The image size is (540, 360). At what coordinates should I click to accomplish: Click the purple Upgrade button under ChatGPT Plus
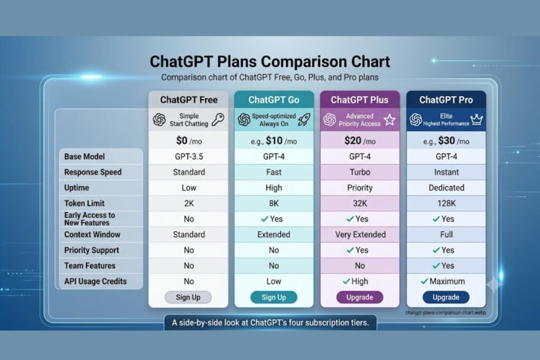(x=360, y=297)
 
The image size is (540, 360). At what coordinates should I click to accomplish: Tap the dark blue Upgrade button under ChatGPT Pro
(x=446, y=297)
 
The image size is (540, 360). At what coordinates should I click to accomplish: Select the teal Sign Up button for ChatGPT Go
(x=274, y=297)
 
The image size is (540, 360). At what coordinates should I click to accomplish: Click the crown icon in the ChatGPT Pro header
(x=477, y=120)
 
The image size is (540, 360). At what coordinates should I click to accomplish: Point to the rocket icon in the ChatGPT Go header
(x=304, y=120)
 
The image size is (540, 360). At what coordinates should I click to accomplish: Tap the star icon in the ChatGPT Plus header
(x=390, y=120)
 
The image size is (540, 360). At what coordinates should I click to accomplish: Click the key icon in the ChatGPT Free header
(x=218, y=120)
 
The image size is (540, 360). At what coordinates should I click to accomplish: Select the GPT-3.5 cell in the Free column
(x=189, y=157)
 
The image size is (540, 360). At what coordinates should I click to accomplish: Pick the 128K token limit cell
(x=446, y=203)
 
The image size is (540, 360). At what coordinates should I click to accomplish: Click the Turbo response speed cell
(x=360, y=172)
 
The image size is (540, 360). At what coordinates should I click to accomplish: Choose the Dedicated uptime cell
(x=446, y=188)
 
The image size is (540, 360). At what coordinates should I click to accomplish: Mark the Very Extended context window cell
(x=360, y=235)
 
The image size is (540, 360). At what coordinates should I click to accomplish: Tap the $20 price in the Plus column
(x=353, y=141)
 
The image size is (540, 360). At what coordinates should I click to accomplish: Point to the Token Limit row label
(x=84, y=203)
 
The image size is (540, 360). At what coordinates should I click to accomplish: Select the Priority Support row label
(x=92, y=250)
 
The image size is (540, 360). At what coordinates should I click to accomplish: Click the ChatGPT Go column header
(x=274, y=100)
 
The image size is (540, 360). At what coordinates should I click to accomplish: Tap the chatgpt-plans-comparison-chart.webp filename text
(x=446, y=313)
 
